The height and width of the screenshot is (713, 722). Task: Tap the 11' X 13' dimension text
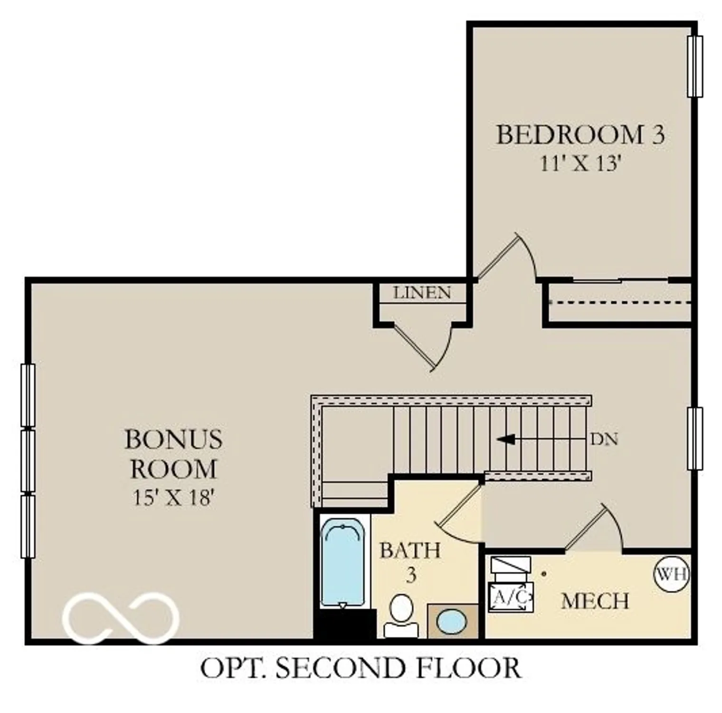[580, 164]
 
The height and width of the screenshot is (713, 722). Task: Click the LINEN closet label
[422, 293]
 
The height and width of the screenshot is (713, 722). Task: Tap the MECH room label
[595, 601]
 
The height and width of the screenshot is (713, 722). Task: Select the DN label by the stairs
[604, 439]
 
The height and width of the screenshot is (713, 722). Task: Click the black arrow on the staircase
[506, 439]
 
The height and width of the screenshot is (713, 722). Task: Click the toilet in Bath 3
[401, 616]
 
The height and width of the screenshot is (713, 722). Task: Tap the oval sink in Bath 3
[451, 622]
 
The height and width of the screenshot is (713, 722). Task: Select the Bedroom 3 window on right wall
[695, 67]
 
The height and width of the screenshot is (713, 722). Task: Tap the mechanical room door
[585, 528]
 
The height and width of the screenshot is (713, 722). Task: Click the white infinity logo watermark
[121, 617]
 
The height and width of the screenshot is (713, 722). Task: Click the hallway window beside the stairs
[695, 438]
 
